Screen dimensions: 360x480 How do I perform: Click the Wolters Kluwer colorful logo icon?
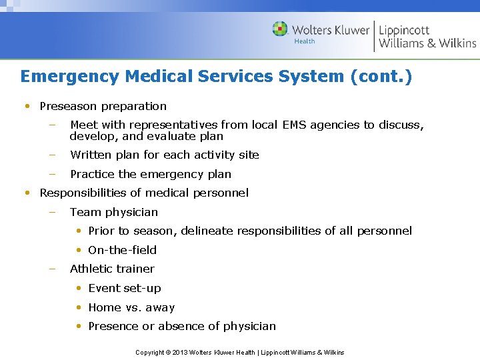click(280, 29)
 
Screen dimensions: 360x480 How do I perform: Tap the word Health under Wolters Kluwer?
click(305, 41)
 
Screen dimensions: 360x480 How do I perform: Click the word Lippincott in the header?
click(405, 29)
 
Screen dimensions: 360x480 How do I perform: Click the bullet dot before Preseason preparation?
click(27, 106)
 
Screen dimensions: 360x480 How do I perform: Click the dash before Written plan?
click(52, 155)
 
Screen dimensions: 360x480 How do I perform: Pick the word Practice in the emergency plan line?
click(92, 174)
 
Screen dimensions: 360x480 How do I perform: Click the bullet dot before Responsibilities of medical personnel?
click(27, 193)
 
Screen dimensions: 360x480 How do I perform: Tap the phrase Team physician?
click(114, 212)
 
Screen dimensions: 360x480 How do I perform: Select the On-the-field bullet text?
click(122, 250)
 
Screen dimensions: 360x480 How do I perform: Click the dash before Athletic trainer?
click(52, 269)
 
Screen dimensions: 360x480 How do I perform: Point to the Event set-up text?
click(124, 288)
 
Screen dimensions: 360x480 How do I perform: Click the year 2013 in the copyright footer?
click(181, 352)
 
